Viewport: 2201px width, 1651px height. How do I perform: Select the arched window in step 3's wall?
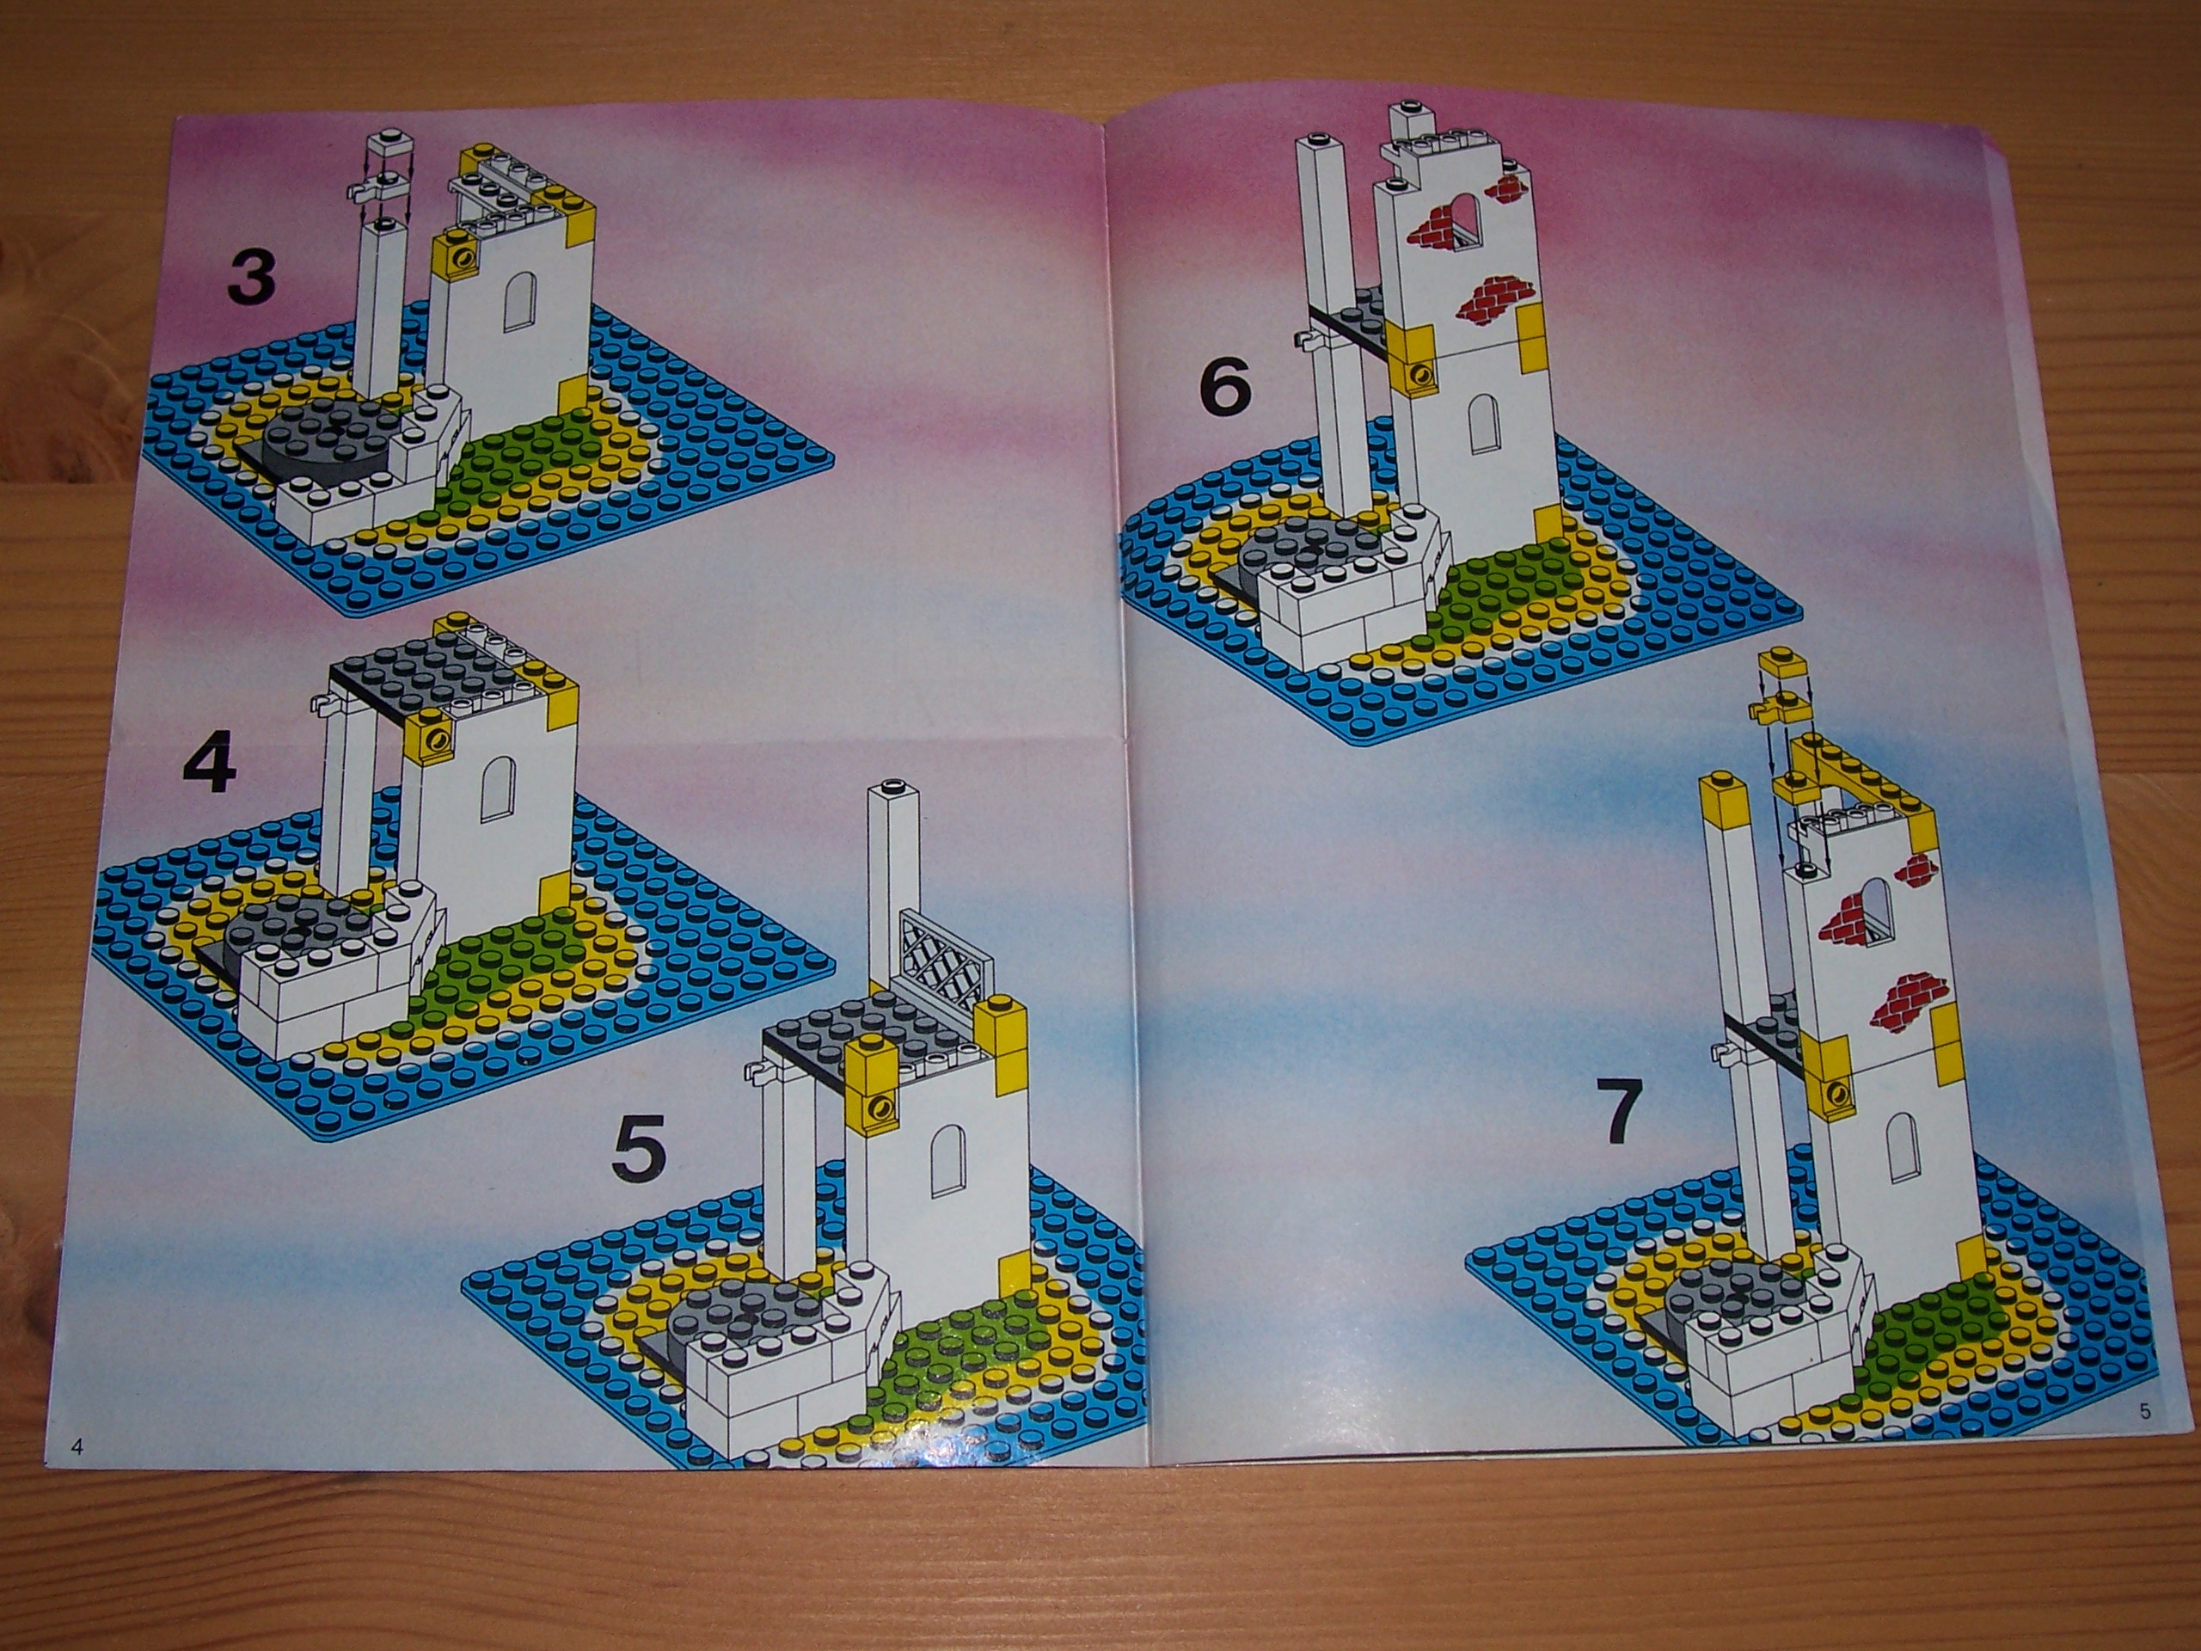pos(518,302)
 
